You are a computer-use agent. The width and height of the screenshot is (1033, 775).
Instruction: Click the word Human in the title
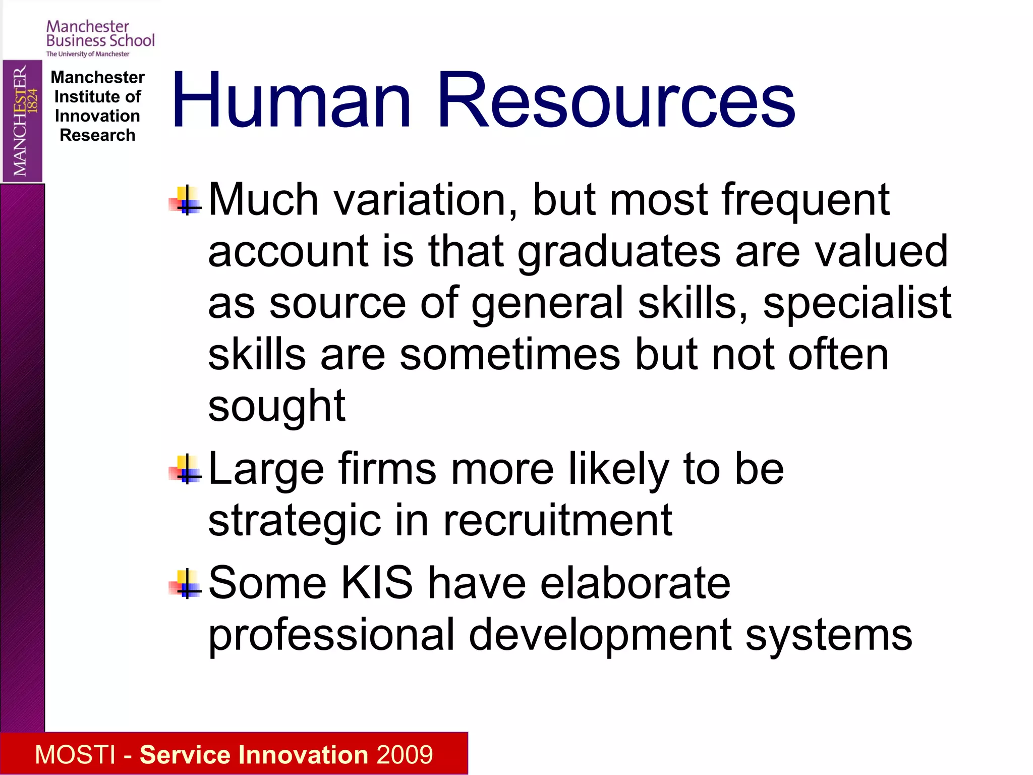tap(292, 101)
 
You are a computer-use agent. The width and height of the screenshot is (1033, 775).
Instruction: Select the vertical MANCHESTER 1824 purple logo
tap(22, 121)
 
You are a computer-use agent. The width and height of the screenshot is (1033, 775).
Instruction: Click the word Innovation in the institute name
tap(97, 116)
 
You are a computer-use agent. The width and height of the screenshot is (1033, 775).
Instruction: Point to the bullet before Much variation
tap(185, 201)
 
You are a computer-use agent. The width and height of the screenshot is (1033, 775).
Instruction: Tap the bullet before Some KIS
tap(185, 584)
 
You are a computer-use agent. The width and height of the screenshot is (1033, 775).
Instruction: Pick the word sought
tap(276, 407)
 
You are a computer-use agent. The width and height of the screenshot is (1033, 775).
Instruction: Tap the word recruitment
tap(557, 520)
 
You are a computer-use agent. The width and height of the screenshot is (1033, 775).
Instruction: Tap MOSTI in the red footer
tap(75, 755)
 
